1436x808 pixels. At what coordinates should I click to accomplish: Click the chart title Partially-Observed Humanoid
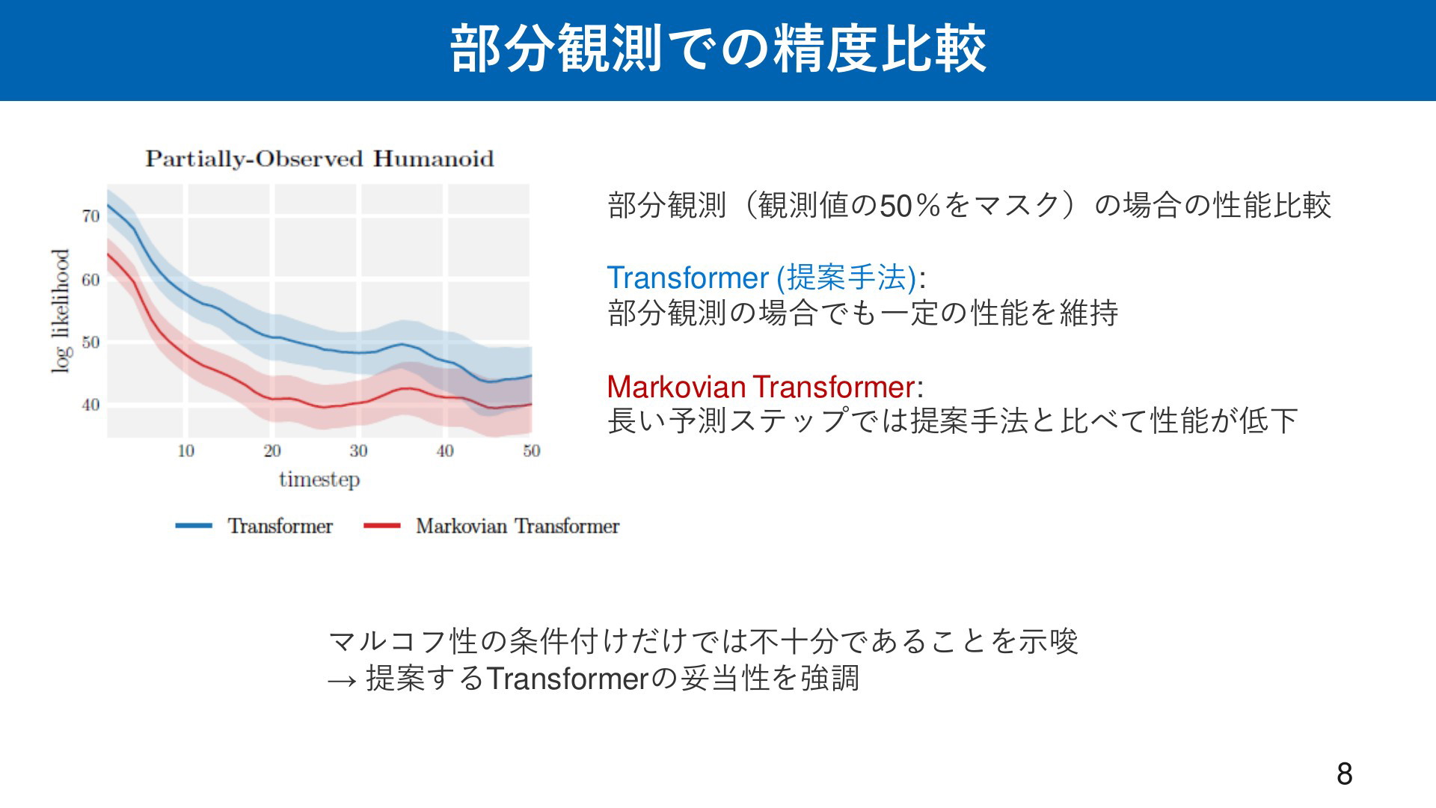pos(319,159)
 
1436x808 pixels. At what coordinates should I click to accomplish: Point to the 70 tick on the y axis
pos(90,216)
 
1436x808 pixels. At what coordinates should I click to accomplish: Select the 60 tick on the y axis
pos(90,280)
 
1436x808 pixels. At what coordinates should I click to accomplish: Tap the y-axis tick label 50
pos(90,343)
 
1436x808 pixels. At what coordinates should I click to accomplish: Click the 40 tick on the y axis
pos(90,405)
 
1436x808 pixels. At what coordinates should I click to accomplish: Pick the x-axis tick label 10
pos(186,450)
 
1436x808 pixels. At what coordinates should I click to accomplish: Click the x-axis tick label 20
pos(272,450)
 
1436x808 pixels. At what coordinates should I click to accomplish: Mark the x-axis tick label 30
pos(358,450)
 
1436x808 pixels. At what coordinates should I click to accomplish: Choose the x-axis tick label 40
pos(445,450)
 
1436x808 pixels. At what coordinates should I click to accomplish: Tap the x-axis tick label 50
pos(531,450)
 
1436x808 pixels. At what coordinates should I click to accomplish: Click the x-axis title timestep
pos(319,480)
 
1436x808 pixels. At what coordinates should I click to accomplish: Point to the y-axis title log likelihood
pos(61,310)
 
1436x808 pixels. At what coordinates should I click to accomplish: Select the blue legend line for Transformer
pos(194,526)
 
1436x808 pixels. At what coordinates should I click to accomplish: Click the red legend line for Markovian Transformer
pos(382,526)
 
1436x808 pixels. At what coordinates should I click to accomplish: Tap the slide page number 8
pos(1345,774)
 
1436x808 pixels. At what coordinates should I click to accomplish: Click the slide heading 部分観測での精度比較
pos(718,49)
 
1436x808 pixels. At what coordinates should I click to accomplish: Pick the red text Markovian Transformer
pos(761,387)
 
